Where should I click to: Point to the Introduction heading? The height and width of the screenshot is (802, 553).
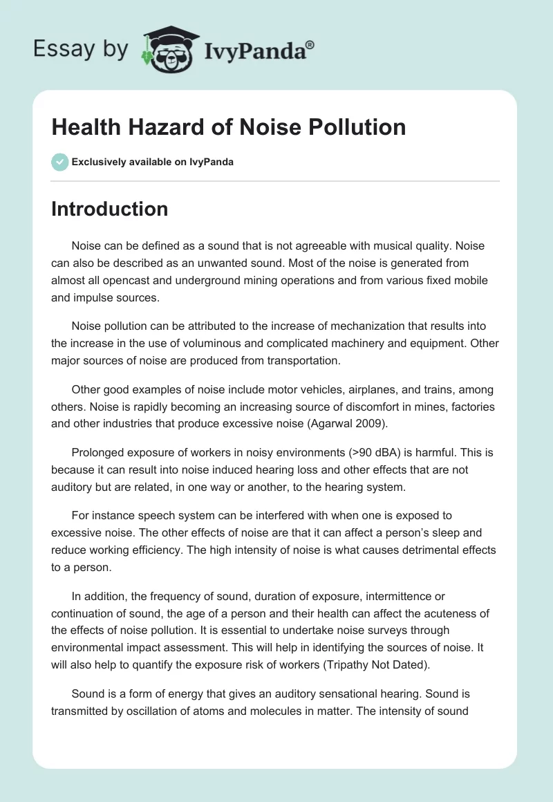(x=109, y=209)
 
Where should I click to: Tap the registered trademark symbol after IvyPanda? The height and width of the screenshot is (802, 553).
(x=310, y=44)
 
